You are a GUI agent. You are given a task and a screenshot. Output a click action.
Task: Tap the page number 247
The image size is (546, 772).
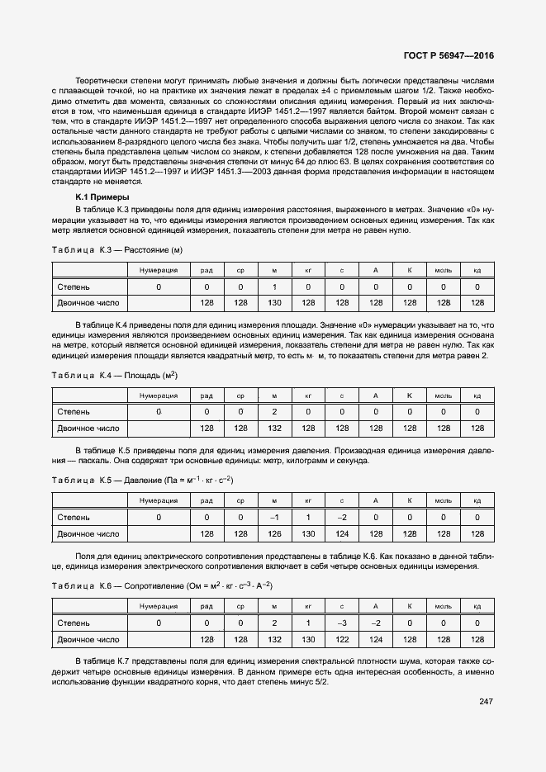pyautogui.click(x=486, y=701)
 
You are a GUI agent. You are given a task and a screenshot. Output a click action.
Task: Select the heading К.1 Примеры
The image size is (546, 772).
pyautogui.click(x=102, y=197)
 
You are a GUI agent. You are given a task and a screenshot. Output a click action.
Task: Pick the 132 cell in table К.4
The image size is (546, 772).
pyautogui.click(x=274, y=429)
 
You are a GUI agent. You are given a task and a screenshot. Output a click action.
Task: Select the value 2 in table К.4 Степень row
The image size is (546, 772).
pyautogui.click(x=274, y=411)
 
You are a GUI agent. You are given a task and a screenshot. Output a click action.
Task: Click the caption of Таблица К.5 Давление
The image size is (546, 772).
pyautogui.click(x=143, y=480)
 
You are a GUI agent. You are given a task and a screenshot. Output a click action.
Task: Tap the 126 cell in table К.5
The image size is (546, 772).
pyautogui.click(x=274, y=534)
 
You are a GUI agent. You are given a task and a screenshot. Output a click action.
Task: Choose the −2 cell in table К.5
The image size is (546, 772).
pyautogui.click(x=341, y=517)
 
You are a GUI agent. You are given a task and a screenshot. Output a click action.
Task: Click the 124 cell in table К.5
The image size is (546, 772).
pyautogui.click(x=341, y=534)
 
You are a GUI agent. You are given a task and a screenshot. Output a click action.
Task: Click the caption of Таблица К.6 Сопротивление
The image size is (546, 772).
pyautogui.click(x=163, y=585)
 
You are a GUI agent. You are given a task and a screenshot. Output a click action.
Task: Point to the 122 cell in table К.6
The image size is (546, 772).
pyautogui.click(x=341, y=640)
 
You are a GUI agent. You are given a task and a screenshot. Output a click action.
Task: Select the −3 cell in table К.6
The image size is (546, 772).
pyautogui.click(x=341, y=623)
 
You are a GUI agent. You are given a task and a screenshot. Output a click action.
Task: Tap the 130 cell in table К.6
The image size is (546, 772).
pyautogui.click(x=308, y=640)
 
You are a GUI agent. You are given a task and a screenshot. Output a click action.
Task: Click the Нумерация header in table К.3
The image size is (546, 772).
pyautogui.click(x=159, y=270)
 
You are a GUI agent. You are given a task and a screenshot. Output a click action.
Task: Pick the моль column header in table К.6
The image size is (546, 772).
pyautogui.click(x=444, y=606)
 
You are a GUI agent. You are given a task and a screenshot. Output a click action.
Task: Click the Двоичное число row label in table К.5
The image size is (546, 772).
pyautogui.click(x=88, y=534)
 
